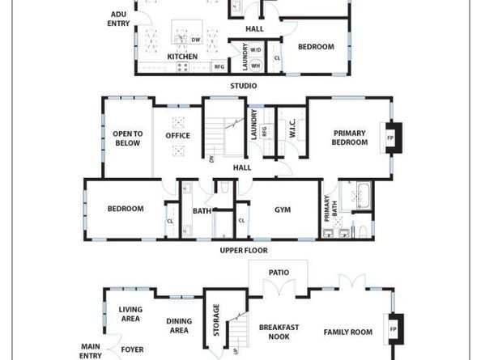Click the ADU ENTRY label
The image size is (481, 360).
click(x=118, y=19)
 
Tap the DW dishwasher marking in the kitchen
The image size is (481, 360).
click(x=196, y=39)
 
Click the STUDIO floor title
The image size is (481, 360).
click(x=243, y=86)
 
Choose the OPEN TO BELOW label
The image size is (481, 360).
click(x=127, y=138)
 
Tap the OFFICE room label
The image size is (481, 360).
click(x=178, y=136)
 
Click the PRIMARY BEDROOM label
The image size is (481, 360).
click(x=350, y=138)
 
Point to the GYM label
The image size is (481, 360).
click(x=283, y=210)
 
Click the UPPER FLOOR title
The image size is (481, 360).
click(x=244, y=251)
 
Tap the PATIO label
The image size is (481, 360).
click(x=279, y=273)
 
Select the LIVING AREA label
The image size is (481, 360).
click(x=130, y=314)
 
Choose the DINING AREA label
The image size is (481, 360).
click(x=178, y=325)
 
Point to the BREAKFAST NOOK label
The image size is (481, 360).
click(x=279, y=332)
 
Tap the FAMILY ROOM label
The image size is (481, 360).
click(x=348, y=332)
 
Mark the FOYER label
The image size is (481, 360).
click(x=132, y=350)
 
